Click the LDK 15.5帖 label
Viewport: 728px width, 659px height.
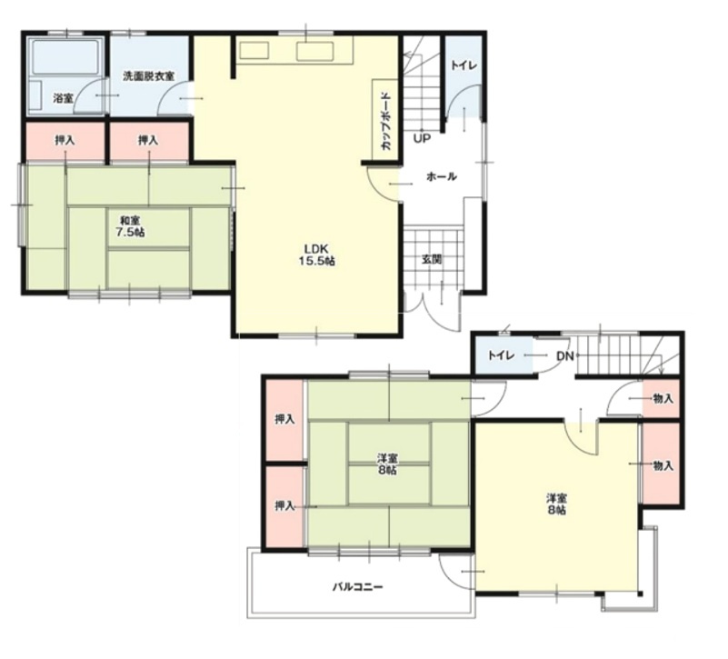coord(317,254)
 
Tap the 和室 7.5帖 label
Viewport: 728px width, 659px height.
coord(130,226)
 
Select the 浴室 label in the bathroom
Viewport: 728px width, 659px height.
coord(64,98)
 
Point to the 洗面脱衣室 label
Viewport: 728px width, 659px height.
coord(148,75)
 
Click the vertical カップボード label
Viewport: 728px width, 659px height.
coord(385,121)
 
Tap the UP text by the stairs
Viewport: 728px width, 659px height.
coord(422,138)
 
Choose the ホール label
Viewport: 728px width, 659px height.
coord(441,176)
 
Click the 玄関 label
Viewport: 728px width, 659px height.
coord(432,259)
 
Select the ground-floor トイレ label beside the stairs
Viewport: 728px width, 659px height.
coord(464,65)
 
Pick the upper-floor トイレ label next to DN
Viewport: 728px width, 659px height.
coord(501,355)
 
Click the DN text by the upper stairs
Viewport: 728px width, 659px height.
coord(565,356)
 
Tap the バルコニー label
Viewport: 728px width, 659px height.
coord(358,587)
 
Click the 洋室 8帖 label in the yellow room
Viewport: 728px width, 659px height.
coord(556,504)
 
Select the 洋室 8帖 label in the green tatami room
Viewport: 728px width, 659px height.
coord(387,464)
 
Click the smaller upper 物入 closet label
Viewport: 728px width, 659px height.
coord(663,398)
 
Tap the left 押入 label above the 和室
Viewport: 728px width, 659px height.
coord(65,140)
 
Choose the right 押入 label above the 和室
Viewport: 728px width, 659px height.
coord(148,140)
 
